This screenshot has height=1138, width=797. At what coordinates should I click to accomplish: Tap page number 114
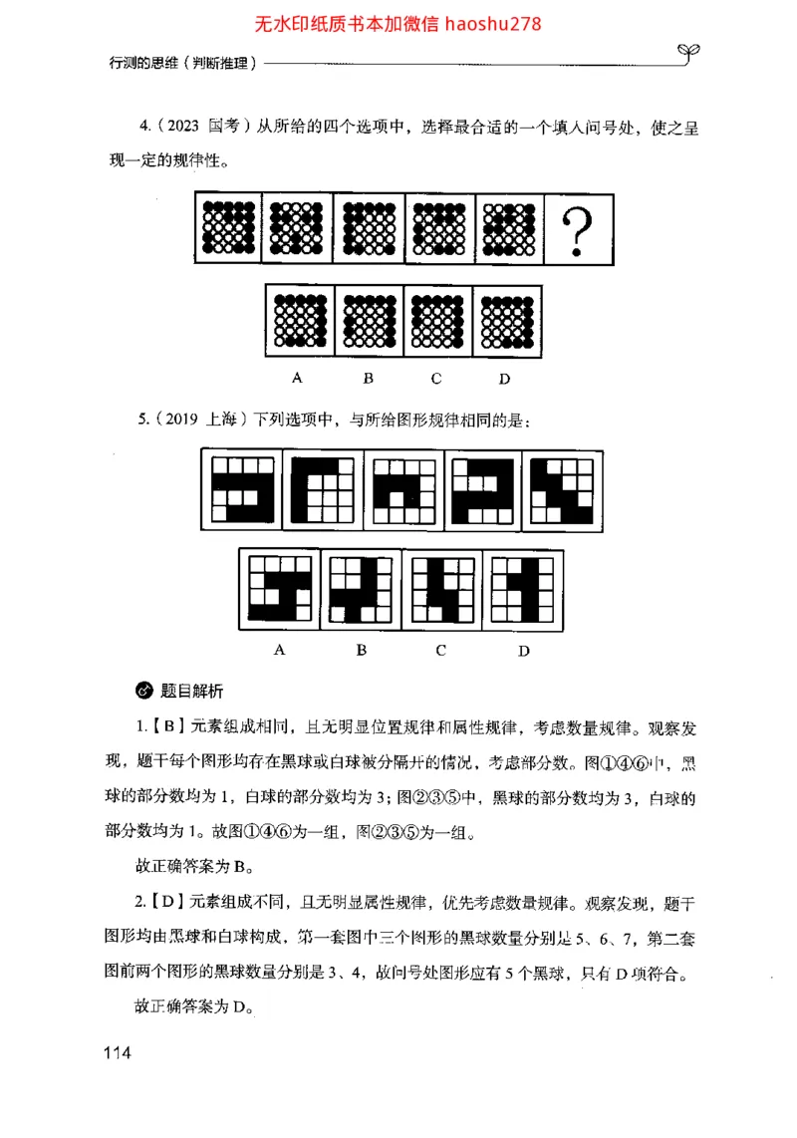pyautogui.click(x=117, y=1053)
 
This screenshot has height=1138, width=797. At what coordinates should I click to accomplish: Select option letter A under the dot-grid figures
pyautogui.click(x=297, y=378)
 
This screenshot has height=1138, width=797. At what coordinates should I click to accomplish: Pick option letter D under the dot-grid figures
pyautogui.click(x=504, y=378)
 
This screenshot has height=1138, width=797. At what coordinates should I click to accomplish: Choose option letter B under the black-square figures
pyautogui.click(x=362, y=650)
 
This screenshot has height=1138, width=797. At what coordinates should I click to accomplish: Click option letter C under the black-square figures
pyautogui.click(x=440, y=650)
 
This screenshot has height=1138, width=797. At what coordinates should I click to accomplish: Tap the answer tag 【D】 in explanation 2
pyautogui.click(x=169, y=904)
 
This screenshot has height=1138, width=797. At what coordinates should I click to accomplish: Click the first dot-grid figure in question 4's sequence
pyautogui.click(x=228, y=228)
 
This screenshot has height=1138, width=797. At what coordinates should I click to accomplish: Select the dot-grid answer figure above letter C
pyautogui.click(x=437, y=321)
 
